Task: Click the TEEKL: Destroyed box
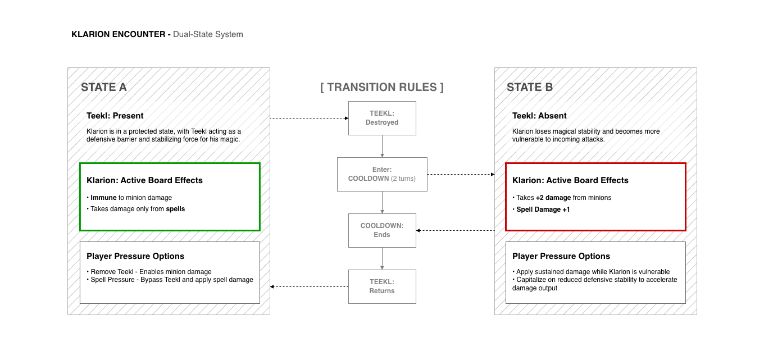[x=382, y=118]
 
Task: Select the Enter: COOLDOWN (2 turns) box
[x=382, y=174]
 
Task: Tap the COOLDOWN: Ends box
[x=382, y=230]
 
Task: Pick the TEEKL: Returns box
[x=382, y=286]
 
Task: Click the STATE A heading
[x=104, y=87]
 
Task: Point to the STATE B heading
[x=530, y=87]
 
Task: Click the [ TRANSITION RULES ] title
[x=382, y=87]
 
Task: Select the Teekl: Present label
[x=115, y=116]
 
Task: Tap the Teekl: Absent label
[x=539, y=116]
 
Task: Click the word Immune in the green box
[x=103, y=198]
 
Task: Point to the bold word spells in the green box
[x=175, y=209]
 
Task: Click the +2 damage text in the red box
[x=553, y=198]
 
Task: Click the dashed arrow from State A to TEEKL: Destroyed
[x=309, y=119]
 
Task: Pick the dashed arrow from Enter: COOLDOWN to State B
[x=461, y=174]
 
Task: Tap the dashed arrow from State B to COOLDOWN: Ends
[x=456, y=230]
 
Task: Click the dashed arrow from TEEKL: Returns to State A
[x=309, y=286]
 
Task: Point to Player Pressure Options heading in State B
[x=561, y=256]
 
